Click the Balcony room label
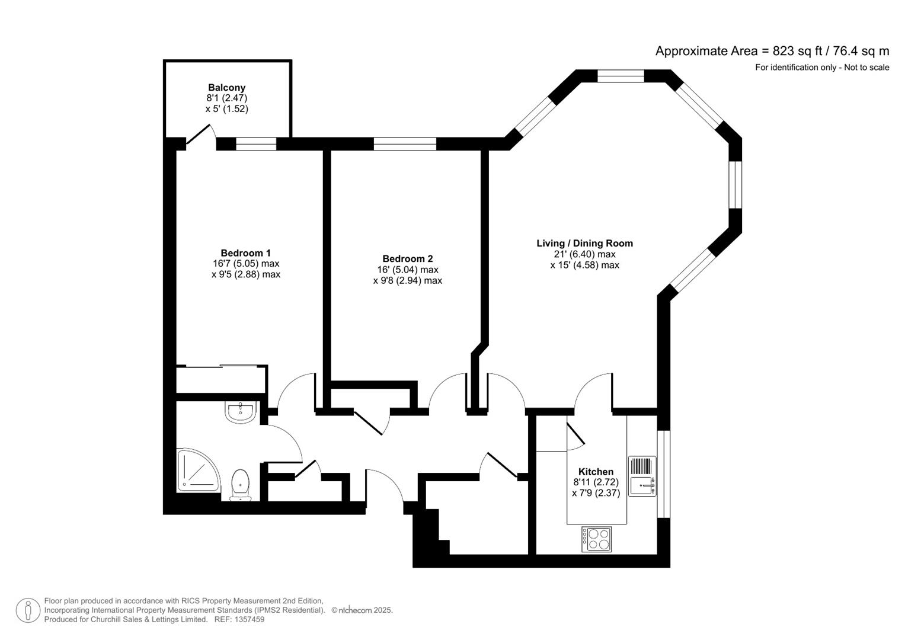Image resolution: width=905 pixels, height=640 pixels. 226,88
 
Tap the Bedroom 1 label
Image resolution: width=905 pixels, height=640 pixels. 245,253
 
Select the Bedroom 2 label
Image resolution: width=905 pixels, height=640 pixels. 407,258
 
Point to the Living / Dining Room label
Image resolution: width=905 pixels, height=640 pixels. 584,243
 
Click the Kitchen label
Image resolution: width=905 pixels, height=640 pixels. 596,472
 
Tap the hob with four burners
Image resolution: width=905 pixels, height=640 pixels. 596,539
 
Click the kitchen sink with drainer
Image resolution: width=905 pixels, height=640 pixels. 642,476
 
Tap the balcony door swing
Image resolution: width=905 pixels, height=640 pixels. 199,135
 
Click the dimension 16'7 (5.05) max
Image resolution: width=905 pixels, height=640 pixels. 245,264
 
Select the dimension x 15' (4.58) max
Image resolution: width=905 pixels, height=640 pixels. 584,265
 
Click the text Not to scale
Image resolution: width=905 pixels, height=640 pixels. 866,68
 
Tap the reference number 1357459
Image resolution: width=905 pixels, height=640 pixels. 250,619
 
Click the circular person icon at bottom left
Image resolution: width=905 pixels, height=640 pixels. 28,610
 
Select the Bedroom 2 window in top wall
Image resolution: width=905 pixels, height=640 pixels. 405,144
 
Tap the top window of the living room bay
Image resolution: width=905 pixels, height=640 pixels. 620,76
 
